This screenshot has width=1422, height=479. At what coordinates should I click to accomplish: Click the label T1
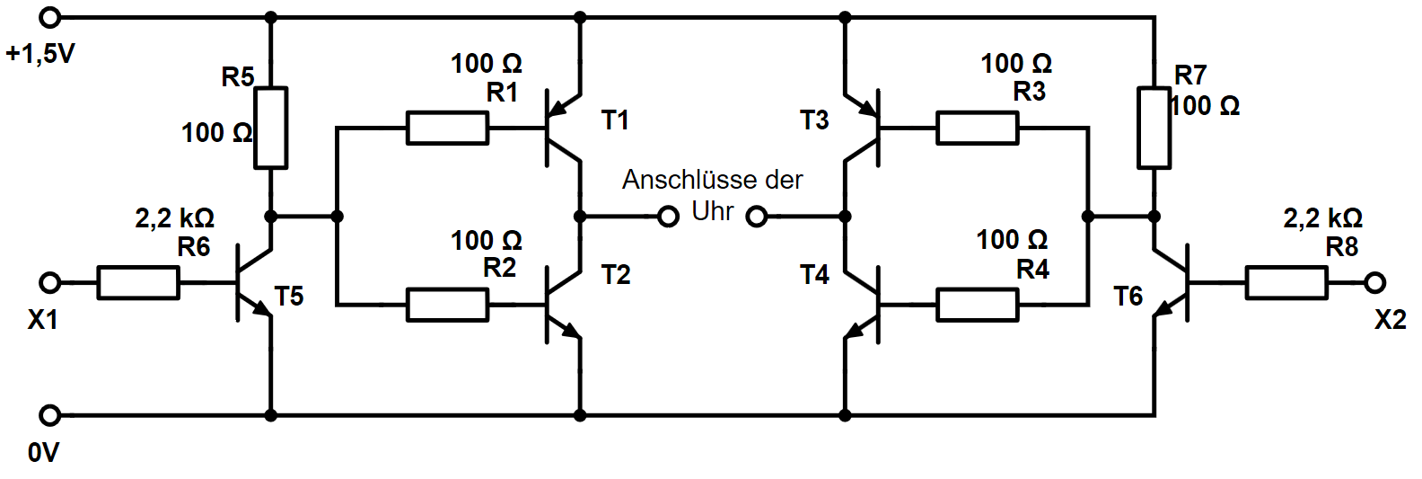[615, 120]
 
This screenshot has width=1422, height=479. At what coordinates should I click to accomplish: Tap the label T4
[814, 274]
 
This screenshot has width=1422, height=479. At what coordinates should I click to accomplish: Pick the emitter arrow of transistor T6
[1163, 308]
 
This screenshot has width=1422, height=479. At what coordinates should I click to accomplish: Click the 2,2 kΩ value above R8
[1323, 218]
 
